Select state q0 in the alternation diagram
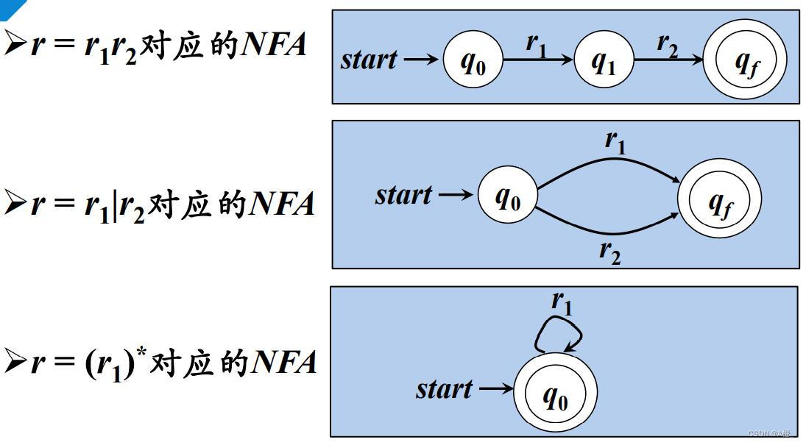click(507, 196)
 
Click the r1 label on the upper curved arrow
click(615, 140)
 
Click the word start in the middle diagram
click(403, 196)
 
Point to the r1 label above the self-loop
click(562, 301)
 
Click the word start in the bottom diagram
click(444, 388)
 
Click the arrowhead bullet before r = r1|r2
click(15, 204)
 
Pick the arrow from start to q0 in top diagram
click(422, 60)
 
